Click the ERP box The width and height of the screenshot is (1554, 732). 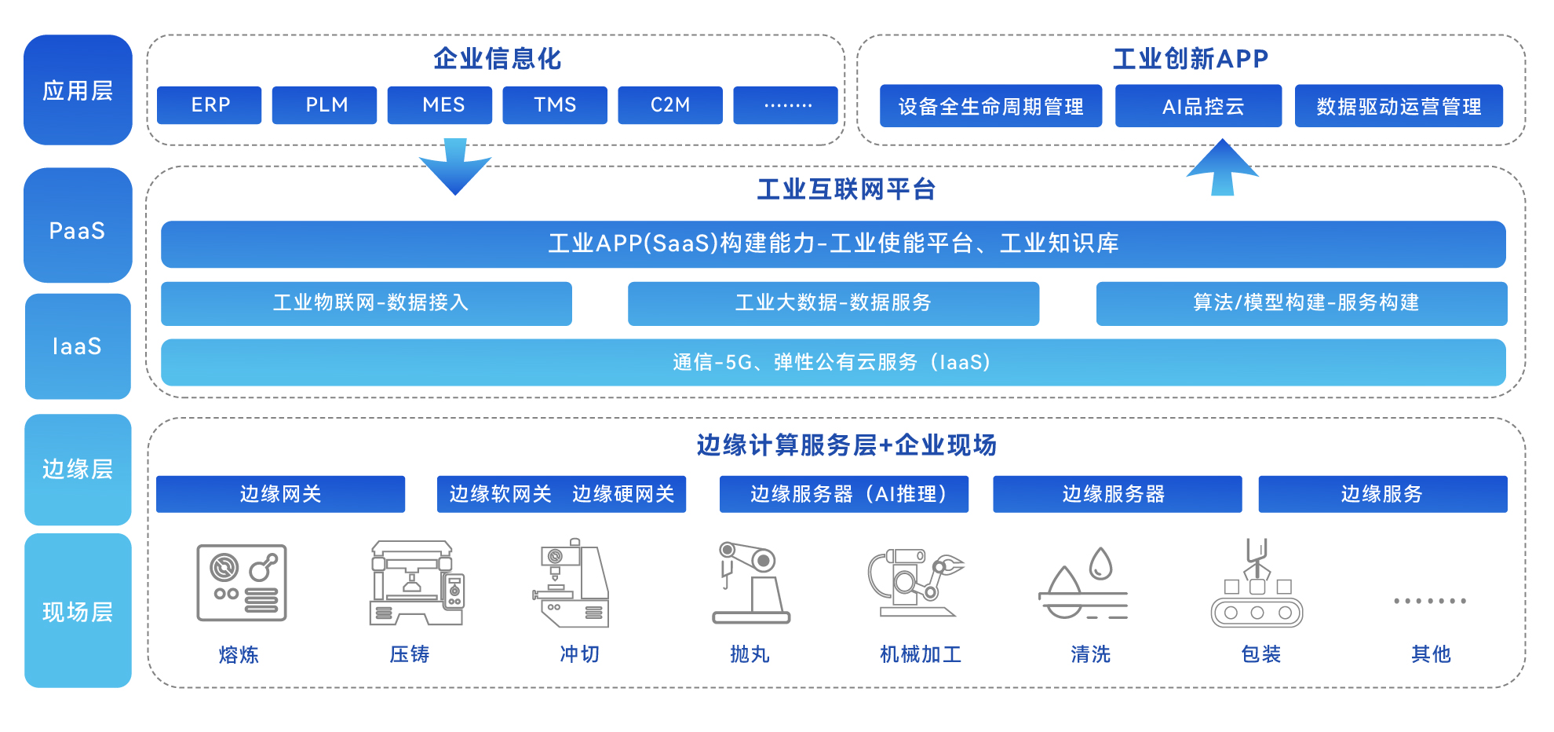[x=209, y=105]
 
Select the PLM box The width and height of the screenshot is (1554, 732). [x=324, y=105]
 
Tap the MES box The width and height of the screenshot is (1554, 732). [x=440, y=105]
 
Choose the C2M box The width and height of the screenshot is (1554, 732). [x=669, y=105]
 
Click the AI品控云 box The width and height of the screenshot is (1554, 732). [x=1198, y=106]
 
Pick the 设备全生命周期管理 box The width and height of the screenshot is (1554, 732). [x=990, y=106]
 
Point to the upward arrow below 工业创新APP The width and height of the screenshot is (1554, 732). [x=1222, y=167]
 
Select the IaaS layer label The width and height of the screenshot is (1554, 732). [x=78, y=346]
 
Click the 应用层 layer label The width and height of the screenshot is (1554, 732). [x=78, y=90]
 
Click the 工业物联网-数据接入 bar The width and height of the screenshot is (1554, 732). [x=367, y=303]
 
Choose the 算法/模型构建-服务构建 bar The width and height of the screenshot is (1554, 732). [x=1301, y=303]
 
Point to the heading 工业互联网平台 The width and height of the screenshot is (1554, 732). [x=845, y=189]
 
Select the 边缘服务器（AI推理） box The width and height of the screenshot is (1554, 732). [x=844, y=494]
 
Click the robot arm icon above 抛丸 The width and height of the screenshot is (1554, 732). [x=750, y=582]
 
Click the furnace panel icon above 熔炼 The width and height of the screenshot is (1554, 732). [x=242, y=583]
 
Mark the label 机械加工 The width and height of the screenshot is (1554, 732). [x=920, y=654]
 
